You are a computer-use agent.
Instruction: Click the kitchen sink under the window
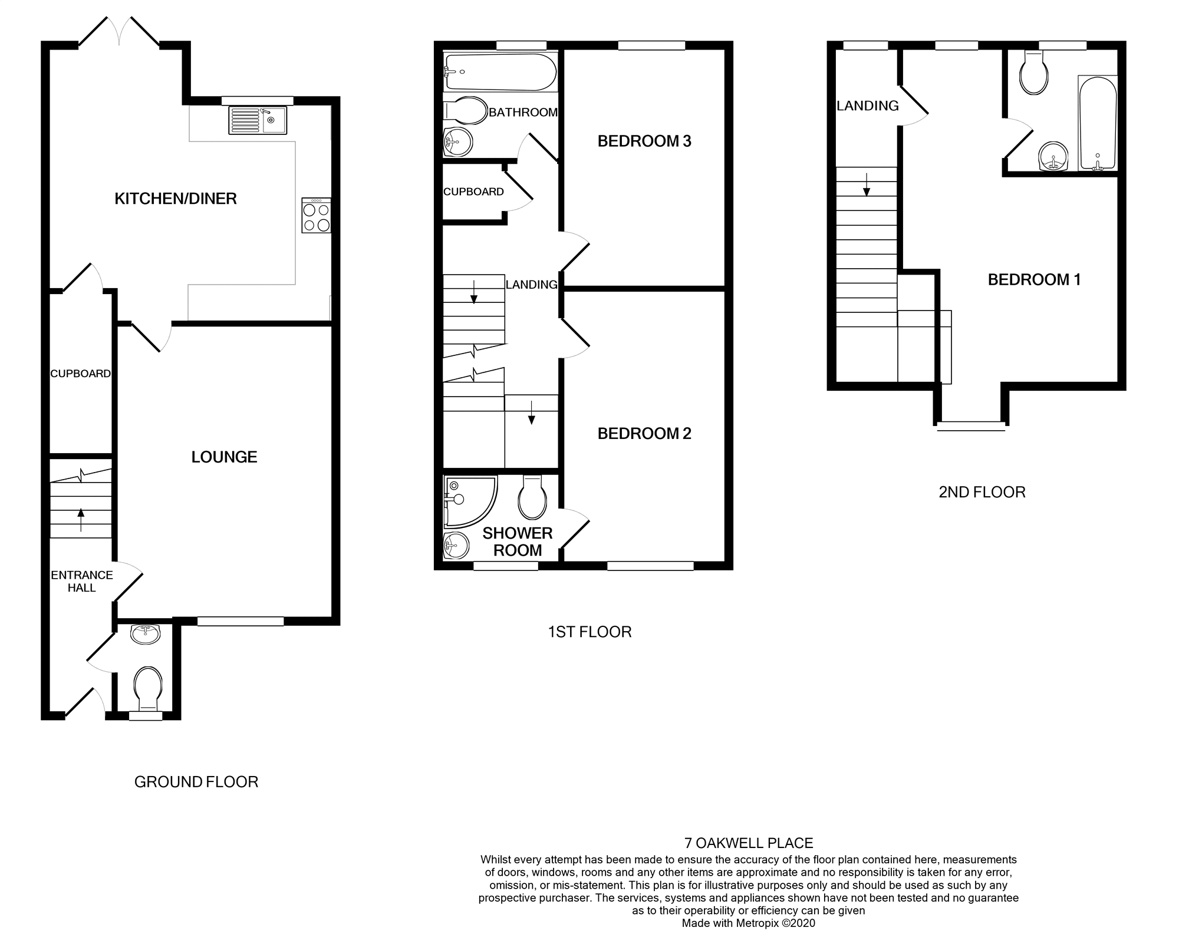point(258,120)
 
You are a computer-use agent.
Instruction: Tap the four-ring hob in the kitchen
point(316,216)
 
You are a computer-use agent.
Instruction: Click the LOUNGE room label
point(224,457)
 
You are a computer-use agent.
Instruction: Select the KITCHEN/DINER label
point(176,199)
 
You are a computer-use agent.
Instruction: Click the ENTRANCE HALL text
point(81,581)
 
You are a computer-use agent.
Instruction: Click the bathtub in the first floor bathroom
point(500,72)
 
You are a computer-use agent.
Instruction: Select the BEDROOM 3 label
point(644,141)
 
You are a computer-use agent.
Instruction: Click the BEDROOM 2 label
point(644,434)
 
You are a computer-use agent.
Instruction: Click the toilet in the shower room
point(531,499)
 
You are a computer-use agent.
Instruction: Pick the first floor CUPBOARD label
point(473,192)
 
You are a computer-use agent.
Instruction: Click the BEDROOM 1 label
point(1034,280)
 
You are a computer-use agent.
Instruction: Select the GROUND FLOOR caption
point(196,782)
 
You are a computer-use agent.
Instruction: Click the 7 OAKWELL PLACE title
point(748,843)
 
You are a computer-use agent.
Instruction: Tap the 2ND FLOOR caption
point(982,492)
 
